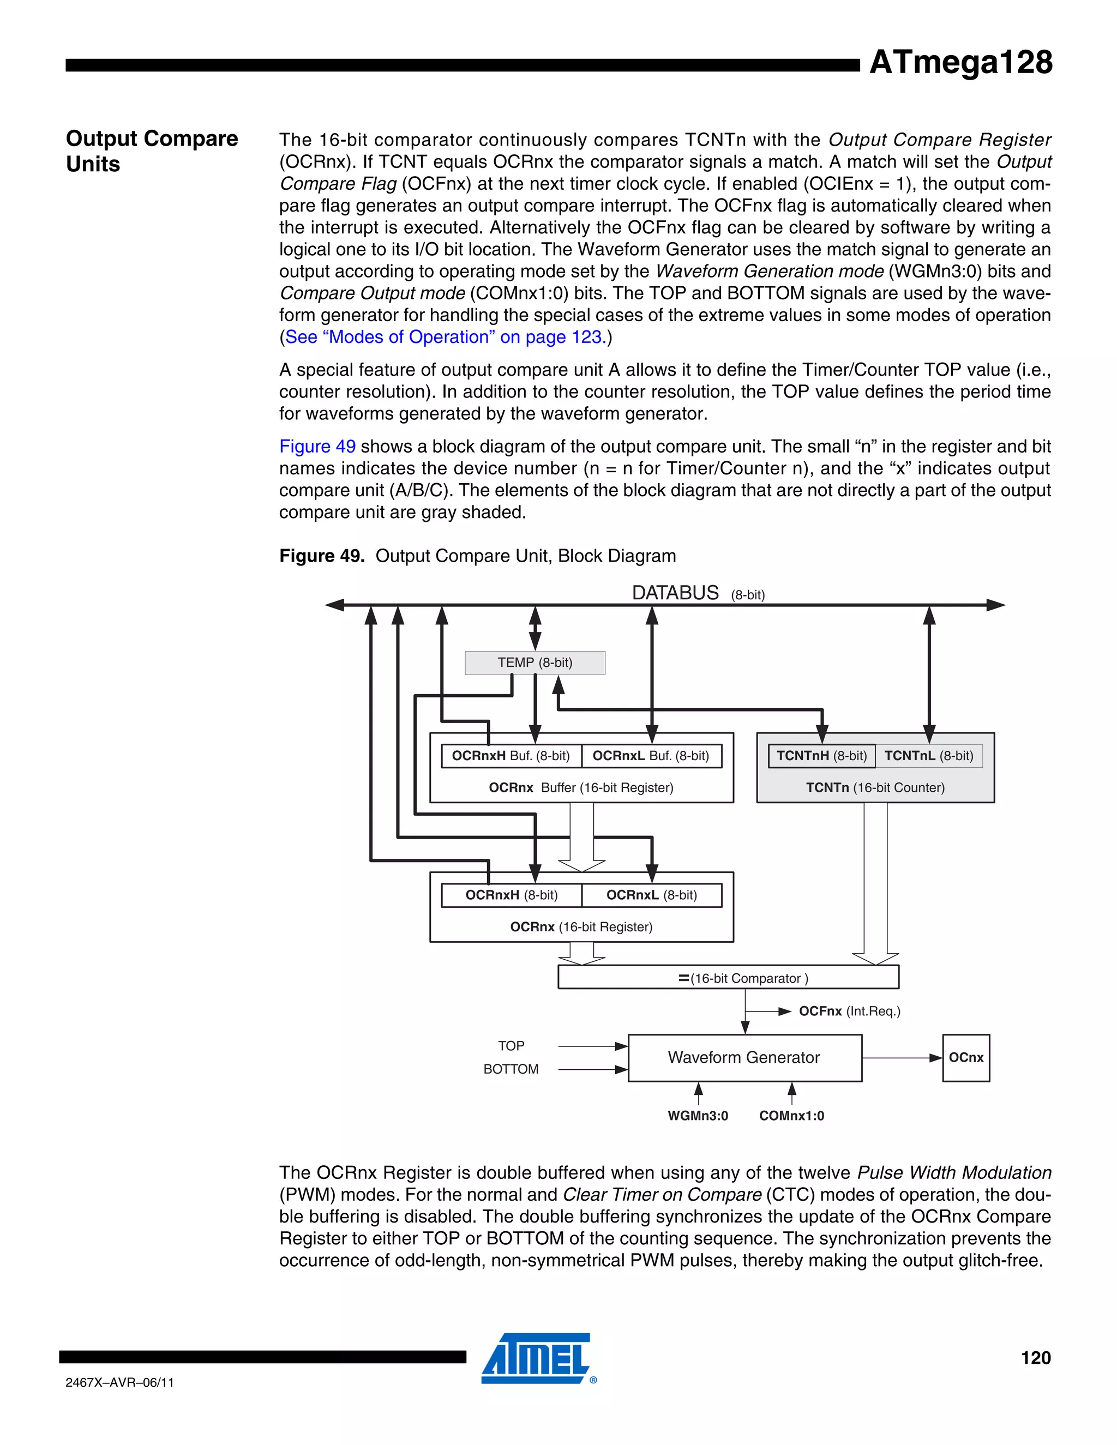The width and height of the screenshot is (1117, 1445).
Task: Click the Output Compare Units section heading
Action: pos(152,151)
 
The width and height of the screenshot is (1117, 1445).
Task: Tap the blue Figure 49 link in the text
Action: pos(317,447)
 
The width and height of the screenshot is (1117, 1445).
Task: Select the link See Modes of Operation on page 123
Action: pos(443,338)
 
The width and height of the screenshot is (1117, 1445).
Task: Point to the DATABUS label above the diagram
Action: pos(675,593)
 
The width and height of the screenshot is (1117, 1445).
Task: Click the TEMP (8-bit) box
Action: pos(535,663)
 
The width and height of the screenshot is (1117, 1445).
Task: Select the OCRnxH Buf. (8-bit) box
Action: pos(511,756)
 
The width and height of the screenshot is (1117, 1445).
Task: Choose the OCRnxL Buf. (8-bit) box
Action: pos(651,756)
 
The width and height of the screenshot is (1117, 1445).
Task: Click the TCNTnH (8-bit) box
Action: pos(821,756)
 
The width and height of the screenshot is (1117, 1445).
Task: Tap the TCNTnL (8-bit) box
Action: pos(928,756)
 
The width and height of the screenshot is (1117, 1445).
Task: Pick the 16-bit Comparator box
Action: pos(728,978)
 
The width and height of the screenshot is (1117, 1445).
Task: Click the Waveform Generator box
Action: pos(744,1058)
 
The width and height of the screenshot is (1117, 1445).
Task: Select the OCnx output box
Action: pos(965,1058)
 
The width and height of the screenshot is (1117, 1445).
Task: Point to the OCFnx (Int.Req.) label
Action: pos(849,1011)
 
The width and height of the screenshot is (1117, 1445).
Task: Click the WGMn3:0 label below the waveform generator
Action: pos(698,1116)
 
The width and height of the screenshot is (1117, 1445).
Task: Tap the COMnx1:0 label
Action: pos(791,1116)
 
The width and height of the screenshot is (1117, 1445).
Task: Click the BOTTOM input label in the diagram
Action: pos(511,1069)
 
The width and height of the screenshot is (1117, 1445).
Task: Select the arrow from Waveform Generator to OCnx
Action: pos(901,1058)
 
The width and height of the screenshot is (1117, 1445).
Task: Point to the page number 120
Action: pos(1036,1358)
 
